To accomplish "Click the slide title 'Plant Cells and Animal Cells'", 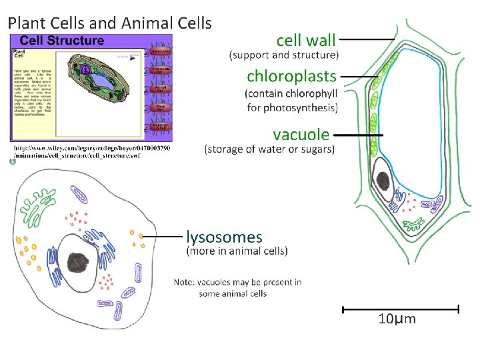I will (x=109, y=23).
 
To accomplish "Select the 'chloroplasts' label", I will (x=292, y=75).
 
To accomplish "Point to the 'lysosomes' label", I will (x=224, y=237).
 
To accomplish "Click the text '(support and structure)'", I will (x=284, y=55).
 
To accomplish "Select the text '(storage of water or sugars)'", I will (x=269, y=149).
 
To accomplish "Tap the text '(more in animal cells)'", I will (x=237, y=251).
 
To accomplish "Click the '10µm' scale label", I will (x=397, y=319).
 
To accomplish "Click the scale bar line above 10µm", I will (x=400, y=309).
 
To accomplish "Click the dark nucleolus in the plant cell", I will (x=383, y=180).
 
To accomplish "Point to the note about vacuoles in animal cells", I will (x=237, y=287).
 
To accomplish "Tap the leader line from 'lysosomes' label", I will (x=163, y=235).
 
